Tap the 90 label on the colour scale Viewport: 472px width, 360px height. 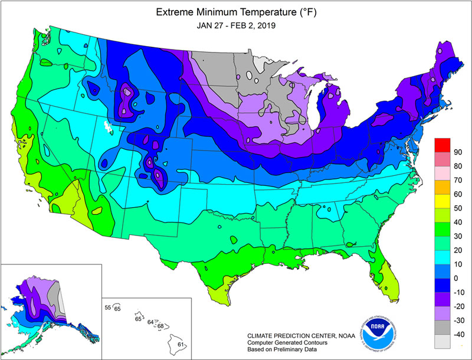(457, 152)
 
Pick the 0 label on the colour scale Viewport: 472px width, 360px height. (455, 278)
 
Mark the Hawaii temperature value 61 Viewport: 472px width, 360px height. (181, 345)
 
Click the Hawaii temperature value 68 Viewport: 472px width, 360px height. (160, 326)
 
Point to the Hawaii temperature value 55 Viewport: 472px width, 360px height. (107, 307)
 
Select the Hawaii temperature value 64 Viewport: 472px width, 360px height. (151, 322)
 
